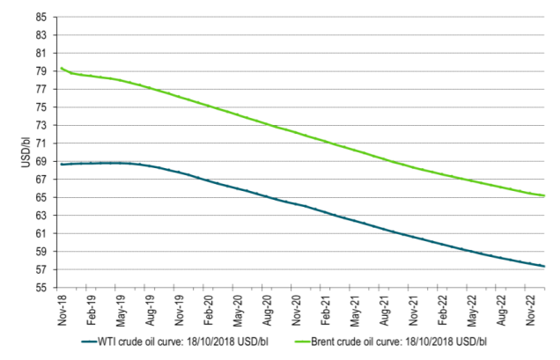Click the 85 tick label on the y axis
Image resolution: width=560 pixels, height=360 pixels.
pyautogui.click(x=42, y=17)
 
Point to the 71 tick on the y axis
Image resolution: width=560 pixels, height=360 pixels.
pyautogui.click(x=42, y=143)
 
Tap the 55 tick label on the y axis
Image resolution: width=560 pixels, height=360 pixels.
pyautogui.click(x=42, y=288)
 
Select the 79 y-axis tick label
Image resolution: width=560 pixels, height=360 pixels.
pyautogui.click(x=42, y=71)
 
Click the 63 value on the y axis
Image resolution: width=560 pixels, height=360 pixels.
pyautogui.click(x=42, y=216)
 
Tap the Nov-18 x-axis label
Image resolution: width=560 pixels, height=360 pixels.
pyautogui.click(x=63, y=308)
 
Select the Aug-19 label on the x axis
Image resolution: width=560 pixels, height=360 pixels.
pyautogui.click(x=152, y=308)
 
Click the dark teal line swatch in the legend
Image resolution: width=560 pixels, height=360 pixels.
pyautogui.click(x=92, y=341)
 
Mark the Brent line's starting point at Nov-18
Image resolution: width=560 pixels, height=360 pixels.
pyautogui.click(x=60, y=68)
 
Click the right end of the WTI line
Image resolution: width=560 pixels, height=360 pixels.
pyautogui.click(x=545, y=267)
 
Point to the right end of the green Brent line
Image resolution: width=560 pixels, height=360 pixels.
pyautogui.click(x=545, y=195)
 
